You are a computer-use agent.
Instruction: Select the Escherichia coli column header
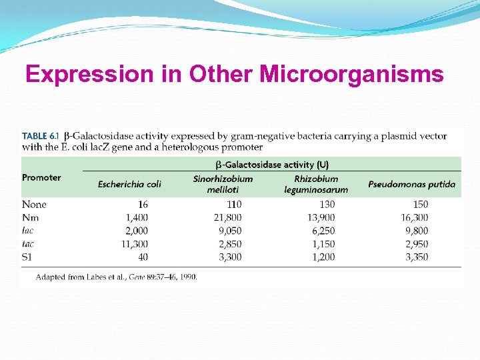[x=129, y=184]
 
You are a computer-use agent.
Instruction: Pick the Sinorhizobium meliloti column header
[x=223, y=184]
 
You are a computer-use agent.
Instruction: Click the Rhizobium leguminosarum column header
[x=316, y=184]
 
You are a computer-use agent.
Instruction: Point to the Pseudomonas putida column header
[x=411, y=184]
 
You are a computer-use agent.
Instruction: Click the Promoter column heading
[x=41, y=177]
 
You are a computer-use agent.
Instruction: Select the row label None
[x=34, y=205]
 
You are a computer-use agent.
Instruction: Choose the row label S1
[x=28, y=257]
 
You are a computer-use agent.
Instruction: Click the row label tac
[x=29, y=244]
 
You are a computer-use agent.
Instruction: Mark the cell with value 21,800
[x=227, y=217]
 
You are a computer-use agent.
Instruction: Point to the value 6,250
[x=321, y=231]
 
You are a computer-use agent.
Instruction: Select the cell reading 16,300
[x=414, y=217]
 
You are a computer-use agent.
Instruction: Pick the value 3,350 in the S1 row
[x=416, y=257]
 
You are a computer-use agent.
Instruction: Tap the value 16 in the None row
[x=143, y=205]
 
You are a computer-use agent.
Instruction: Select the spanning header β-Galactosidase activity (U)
[x=271, y=164]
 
